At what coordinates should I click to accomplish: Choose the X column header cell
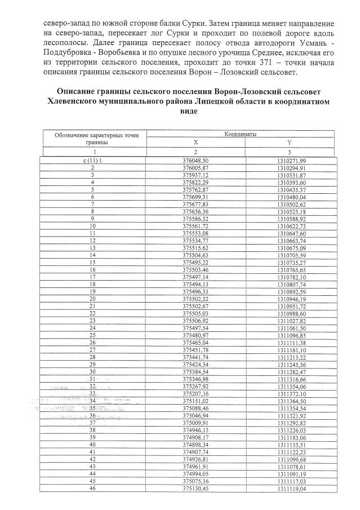195,143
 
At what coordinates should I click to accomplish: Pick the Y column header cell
288,143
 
